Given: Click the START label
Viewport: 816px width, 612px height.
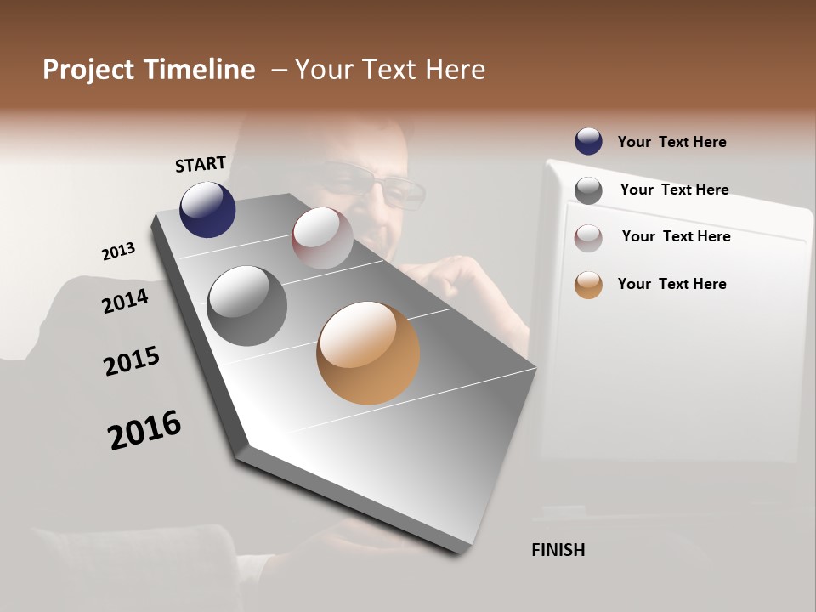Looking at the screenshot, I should [201, 163].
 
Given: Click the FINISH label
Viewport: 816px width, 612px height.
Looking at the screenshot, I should [558, 550].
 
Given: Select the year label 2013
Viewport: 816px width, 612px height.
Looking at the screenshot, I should [118, 252].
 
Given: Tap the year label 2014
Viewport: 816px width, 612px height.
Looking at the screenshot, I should [125, 301].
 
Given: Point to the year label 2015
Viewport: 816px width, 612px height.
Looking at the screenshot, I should [132, 361].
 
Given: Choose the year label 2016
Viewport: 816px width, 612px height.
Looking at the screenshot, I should [144, 429].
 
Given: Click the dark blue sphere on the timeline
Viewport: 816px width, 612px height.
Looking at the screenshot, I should [207, 209].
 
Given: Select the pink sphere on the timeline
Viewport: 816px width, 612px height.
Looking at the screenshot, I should [322, 238].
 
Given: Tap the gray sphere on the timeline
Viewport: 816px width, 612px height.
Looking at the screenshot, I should [246, 306].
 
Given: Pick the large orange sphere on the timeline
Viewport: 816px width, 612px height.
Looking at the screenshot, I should [368, 353].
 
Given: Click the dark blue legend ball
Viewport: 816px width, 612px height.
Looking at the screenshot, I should [588, 141].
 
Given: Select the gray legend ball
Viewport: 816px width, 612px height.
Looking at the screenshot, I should [588, 190].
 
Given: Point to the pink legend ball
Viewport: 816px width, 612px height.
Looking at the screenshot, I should [588, 238].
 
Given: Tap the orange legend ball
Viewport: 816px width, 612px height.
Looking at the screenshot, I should [588, 285].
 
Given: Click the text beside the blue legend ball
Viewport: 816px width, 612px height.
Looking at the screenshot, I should [671, 142].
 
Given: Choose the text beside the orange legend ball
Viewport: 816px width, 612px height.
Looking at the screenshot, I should [671, 284].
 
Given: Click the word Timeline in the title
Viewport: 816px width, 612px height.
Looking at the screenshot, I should [200, 70].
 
